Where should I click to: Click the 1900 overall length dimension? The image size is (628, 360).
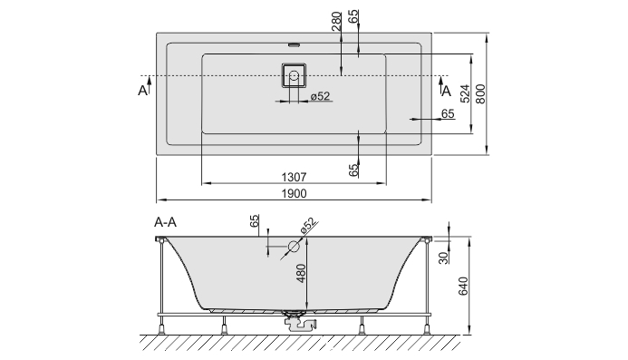click(294, 194)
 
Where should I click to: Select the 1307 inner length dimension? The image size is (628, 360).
click(294, 177)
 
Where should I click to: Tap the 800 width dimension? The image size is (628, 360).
click(480, 94)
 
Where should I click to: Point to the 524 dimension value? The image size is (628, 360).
click(465, 93)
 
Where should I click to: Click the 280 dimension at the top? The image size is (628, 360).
click(336, 22)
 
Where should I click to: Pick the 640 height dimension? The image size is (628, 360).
click(463, 286)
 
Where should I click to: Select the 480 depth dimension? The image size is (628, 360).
click(301, 274)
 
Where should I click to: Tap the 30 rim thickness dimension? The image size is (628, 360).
click(443, 258)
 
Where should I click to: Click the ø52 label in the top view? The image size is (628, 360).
click(320, 96)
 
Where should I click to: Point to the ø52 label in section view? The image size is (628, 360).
click(308, 226)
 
